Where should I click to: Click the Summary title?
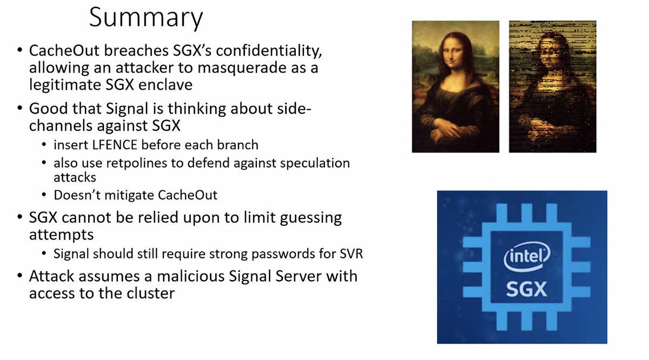146,18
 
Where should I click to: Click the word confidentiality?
269,50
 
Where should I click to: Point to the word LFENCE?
115,145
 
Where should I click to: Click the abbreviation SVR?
350,254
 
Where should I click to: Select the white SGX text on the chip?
526,289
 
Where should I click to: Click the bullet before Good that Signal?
19,108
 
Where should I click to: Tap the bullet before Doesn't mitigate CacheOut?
44,195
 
